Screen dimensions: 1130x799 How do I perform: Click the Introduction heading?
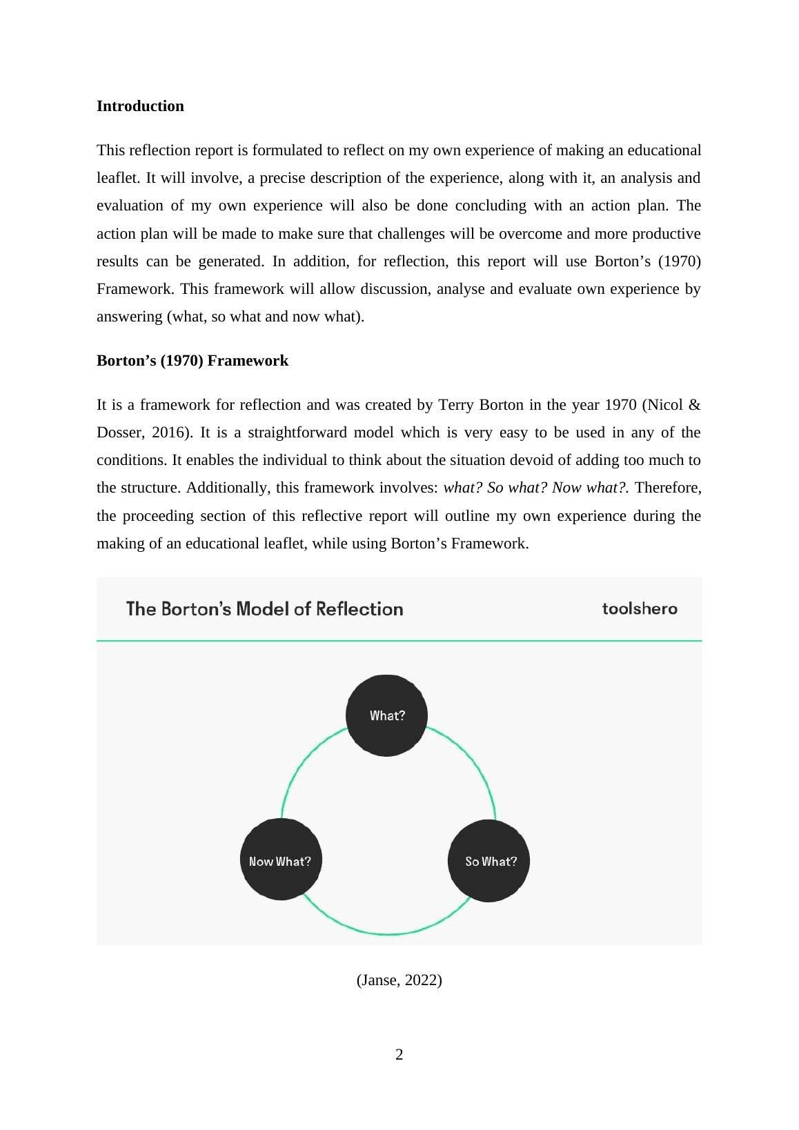coord(140,106)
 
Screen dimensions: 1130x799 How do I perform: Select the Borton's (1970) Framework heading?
coord(193,361)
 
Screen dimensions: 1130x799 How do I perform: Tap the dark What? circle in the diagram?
coord(386,715)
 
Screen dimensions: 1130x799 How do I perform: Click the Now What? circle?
coord(280,860)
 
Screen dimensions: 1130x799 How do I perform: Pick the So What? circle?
coord(489,860)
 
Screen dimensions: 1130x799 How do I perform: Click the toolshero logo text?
coord(640,608)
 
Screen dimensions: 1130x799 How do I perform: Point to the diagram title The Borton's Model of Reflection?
coord(265,608)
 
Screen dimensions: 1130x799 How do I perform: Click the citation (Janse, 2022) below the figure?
coord(399,980)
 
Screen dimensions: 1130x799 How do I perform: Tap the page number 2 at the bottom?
coord(399,1054)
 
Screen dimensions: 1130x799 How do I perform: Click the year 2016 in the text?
coord(172,433)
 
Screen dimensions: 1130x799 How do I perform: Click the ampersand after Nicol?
coord(694,405)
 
